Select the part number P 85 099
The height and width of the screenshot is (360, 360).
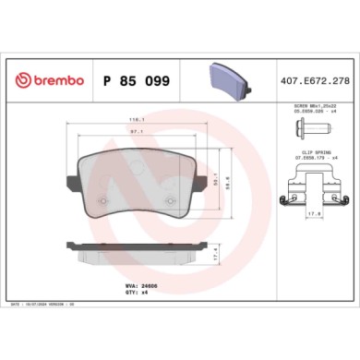point(139,80)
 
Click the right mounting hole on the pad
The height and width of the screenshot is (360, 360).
point(170,180)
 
